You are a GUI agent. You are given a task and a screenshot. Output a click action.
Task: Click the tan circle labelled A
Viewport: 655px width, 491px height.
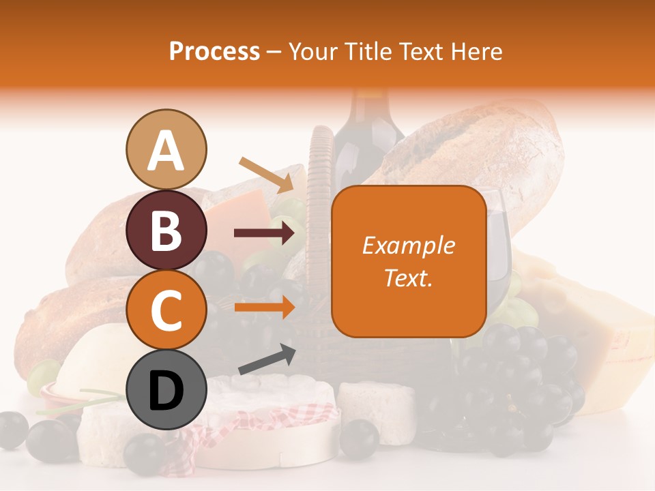tap(166, 149)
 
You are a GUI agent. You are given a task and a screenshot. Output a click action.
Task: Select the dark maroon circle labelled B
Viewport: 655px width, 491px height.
tap(166, 230)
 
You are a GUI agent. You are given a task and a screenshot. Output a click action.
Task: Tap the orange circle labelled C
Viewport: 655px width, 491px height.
tap(166, 310)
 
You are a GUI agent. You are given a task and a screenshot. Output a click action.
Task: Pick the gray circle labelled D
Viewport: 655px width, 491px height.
tap(166, 391)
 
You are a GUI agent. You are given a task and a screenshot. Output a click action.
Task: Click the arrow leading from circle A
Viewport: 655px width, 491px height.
tap(266, 175)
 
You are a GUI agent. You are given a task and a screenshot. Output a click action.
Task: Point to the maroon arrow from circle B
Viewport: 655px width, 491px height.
tap(265, 233)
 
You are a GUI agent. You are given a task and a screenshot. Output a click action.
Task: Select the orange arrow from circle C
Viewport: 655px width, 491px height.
tap(265, 307)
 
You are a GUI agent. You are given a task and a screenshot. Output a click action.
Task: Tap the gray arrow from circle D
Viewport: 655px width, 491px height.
tap(266, 359)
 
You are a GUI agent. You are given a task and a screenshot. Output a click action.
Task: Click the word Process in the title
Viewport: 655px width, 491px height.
tap(214, 52)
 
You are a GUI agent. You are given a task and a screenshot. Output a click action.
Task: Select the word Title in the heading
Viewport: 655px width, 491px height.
tap(367, 52)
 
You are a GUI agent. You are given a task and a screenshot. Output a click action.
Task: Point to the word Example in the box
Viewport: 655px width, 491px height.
tap(409, 245)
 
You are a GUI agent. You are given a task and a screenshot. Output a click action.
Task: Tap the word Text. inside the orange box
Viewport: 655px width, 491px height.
tap(409, 278)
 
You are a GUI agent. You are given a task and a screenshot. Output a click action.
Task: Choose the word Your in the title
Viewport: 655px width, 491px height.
tap(314, 52)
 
